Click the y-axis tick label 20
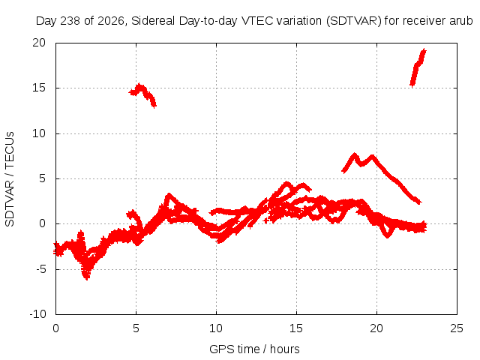click(39, 43)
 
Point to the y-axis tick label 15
click(39, 88)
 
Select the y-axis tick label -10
click(38, 314)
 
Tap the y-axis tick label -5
click(41, 269)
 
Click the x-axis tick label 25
click(457, 328)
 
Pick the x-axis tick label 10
click(216, 328)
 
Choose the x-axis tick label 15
click(296, 328)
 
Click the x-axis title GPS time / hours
click(254, 349)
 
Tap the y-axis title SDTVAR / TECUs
click(10, 179)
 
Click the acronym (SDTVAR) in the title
click(353, 21)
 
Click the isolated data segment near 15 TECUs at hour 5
click(142, 94)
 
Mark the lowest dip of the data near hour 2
click(87, 277)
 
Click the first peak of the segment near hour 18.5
click(355, 154)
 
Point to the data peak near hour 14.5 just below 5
click(287, 183)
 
